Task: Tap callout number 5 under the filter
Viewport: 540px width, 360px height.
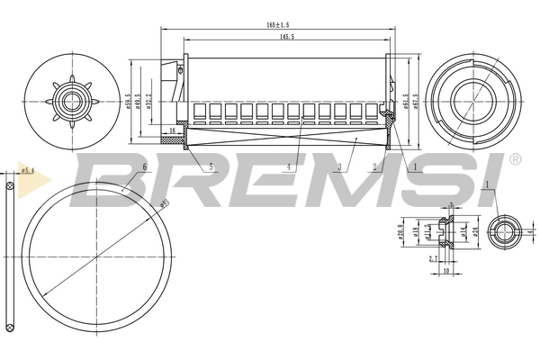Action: point(211,167)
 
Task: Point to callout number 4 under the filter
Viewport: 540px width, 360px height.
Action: point(289,167)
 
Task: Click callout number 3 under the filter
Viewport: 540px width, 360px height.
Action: point(340,167)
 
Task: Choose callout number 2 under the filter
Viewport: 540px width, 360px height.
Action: point(373,167)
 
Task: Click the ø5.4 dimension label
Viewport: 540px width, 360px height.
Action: point(27,168)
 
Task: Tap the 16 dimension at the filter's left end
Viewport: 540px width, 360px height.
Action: point(173,131)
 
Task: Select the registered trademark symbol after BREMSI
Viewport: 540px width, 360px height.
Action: point(515,160)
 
